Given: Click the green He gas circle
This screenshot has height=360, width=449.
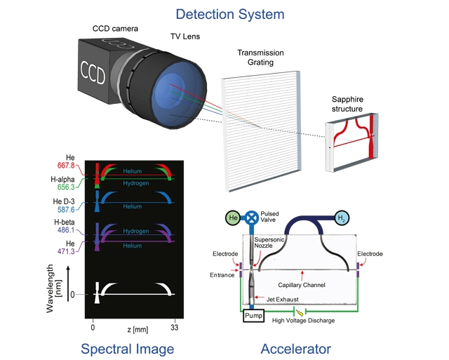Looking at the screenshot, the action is (233, 218).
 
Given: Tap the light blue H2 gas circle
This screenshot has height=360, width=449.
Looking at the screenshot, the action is (342, 218).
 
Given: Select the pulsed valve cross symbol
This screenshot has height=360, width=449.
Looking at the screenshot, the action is (252, 218).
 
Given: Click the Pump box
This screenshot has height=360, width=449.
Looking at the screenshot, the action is (253, 316).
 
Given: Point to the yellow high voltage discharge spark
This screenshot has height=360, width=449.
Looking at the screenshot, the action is (300, 312).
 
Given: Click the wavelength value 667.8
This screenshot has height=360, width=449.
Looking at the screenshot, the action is (66, 166).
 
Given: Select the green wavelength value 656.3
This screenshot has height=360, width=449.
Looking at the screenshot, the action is (66, 187).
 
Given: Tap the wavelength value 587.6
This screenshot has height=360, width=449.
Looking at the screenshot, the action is (66, 210).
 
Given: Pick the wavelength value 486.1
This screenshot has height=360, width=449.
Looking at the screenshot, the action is (66, 230).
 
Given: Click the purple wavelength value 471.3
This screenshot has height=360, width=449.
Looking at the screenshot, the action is (66, 251).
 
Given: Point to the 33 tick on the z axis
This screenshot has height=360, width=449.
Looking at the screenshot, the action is (175, 327).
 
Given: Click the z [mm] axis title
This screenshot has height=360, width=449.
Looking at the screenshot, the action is (138, 330).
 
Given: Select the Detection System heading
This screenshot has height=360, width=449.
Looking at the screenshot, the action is (230, 14).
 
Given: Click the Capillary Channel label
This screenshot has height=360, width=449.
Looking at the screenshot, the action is (302, 285).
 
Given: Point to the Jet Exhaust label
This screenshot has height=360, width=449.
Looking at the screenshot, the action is (283, 300).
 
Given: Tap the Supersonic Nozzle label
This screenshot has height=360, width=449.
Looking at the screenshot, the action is (269, 243).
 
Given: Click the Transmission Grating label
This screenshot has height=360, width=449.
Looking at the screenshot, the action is (260, 58).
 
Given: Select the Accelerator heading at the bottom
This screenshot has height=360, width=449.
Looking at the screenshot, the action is (296, 349).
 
